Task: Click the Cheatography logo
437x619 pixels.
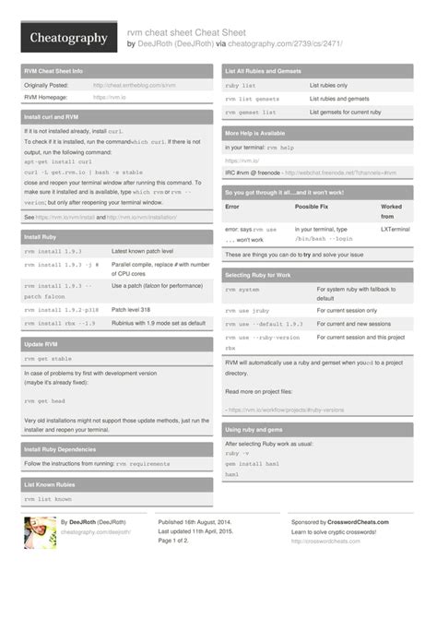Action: click(65, 38)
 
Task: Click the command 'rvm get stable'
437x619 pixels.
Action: click(48, 359)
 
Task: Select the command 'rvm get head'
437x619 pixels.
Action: click(43, 402)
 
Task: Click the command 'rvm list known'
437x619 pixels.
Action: click(48, 499)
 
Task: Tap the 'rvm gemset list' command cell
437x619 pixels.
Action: click(251, 111)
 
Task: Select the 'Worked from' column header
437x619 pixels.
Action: click(391, 212)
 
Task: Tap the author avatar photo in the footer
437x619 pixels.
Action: click(40, 532)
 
